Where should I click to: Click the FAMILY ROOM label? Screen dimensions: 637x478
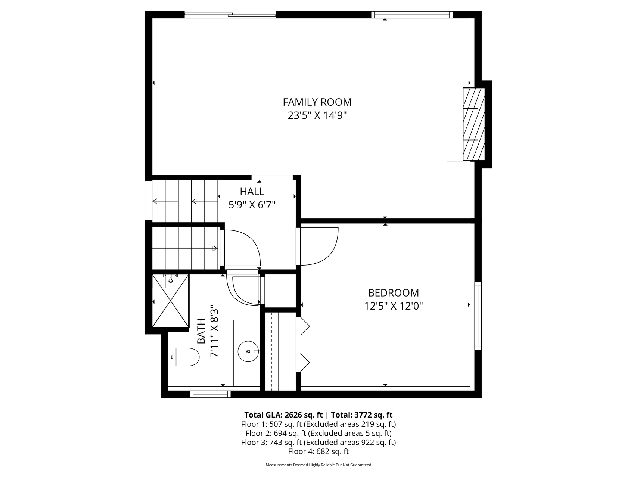317,102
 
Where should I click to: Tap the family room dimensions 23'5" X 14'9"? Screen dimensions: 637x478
317,115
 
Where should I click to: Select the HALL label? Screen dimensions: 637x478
252,192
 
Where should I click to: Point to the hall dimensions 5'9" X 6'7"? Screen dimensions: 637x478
252,205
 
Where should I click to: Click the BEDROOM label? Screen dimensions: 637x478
394,293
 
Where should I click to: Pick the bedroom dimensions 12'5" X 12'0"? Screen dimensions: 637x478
394,306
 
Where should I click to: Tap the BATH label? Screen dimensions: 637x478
201,331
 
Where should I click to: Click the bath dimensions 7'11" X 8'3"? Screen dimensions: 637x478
214,332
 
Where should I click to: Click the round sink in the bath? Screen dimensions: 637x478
248,351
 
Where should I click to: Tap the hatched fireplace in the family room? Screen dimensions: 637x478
473,124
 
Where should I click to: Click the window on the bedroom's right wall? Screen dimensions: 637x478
478,316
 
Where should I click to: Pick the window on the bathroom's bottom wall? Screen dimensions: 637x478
210,394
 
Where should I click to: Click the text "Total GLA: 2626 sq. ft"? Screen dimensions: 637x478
283,415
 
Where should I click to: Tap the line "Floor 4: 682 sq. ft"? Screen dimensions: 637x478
318,451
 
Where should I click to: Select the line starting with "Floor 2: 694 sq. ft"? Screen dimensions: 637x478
318,433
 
